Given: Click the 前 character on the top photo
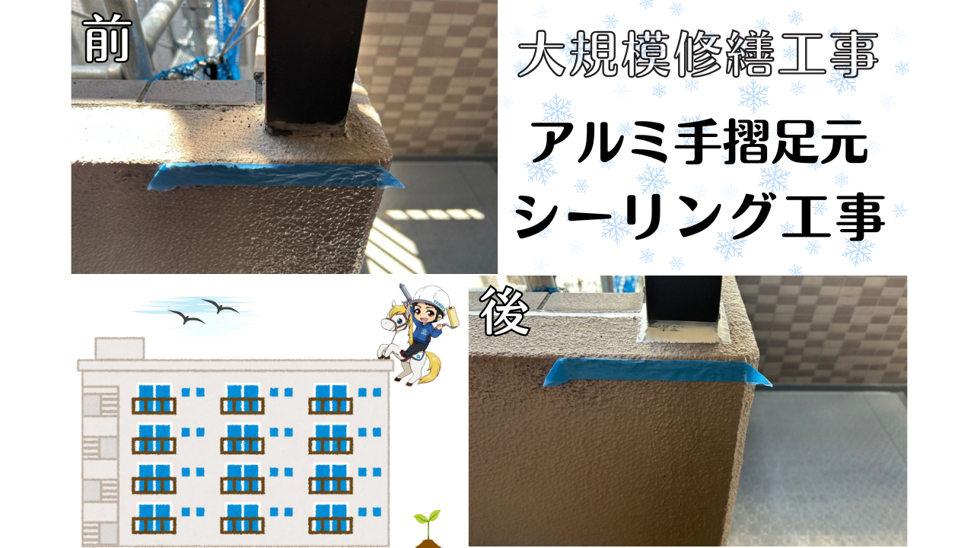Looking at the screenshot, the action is coord(107,38).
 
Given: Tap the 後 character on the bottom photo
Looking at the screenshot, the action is coord(504,311).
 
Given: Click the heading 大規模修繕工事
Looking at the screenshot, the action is coord(698,55).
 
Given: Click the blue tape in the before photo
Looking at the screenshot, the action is coord(275,176).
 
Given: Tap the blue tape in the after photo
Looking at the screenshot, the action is coord(657,373).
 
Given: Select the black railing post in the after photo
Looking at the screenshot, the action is coord(683,300).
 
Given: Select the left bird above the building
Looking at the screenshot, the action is coord(186,317).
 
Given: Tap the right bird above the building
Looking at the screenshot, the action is coord(220,306).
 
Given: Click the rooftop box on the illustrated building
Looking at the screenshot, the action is coord(119,349).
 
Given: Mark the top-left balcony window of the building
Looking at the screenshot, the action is coord(154,399).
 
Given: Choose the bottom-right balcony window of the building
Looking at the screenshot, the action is coord(330,518).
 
